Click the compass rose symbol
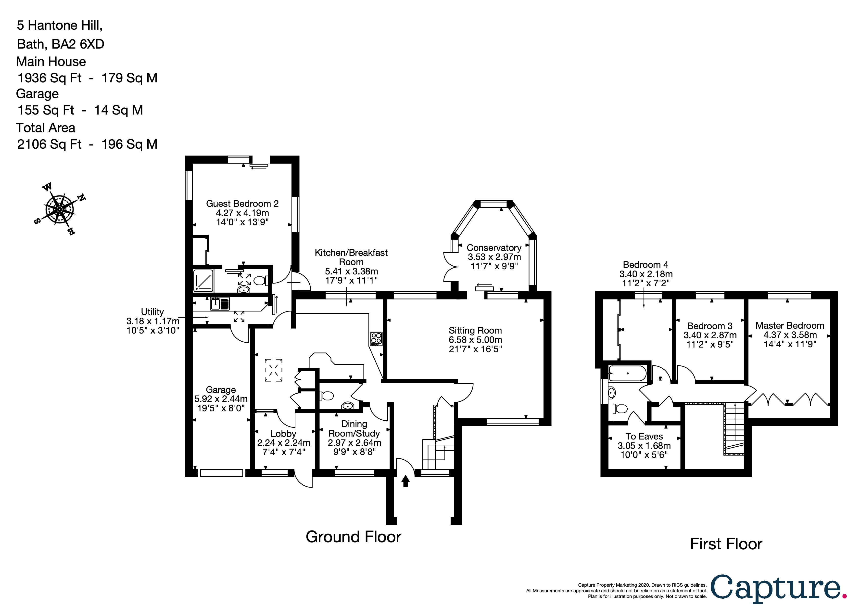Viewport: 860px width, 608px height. (59, 209)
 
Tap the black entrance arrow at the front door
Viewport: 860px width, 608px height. (405, 481)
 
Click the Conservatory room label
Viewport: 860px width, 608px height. (494, 248)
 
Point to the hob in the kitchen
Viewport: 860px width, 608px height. (376, 339)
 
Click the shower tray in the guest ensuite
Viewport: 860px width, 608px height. (203, 281)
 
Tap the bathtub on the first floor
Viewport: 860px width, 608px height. (627, 374)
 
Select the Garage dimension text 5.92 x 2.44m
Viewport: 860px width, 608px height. (221, 399)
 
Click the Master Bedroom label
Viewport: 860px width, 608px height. (790, 325)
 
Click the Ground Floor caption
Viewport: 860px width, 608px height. (353, 537)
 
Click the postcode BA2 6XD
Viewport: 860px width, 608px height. (78, 44)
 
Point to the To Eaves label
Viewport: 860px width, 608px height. (644, 436)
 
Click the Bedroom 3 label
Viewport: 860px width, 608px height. (710, 326)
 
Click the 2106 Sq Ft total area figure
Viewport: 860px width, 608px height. (49, 144)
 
